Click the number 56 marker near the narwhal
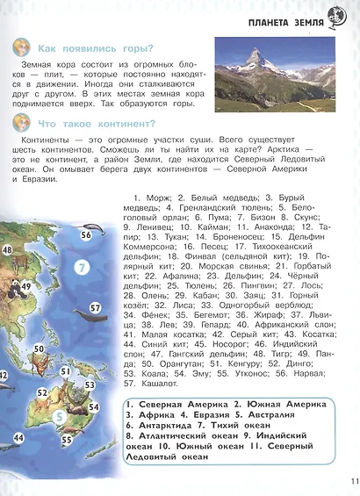click(86, 235)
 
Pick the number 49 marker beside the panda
click(26, 286)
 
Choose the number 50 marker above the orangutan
click(40, 349)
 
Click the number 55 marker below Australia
click(67, 440)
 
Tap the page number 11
click(354, 480)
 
